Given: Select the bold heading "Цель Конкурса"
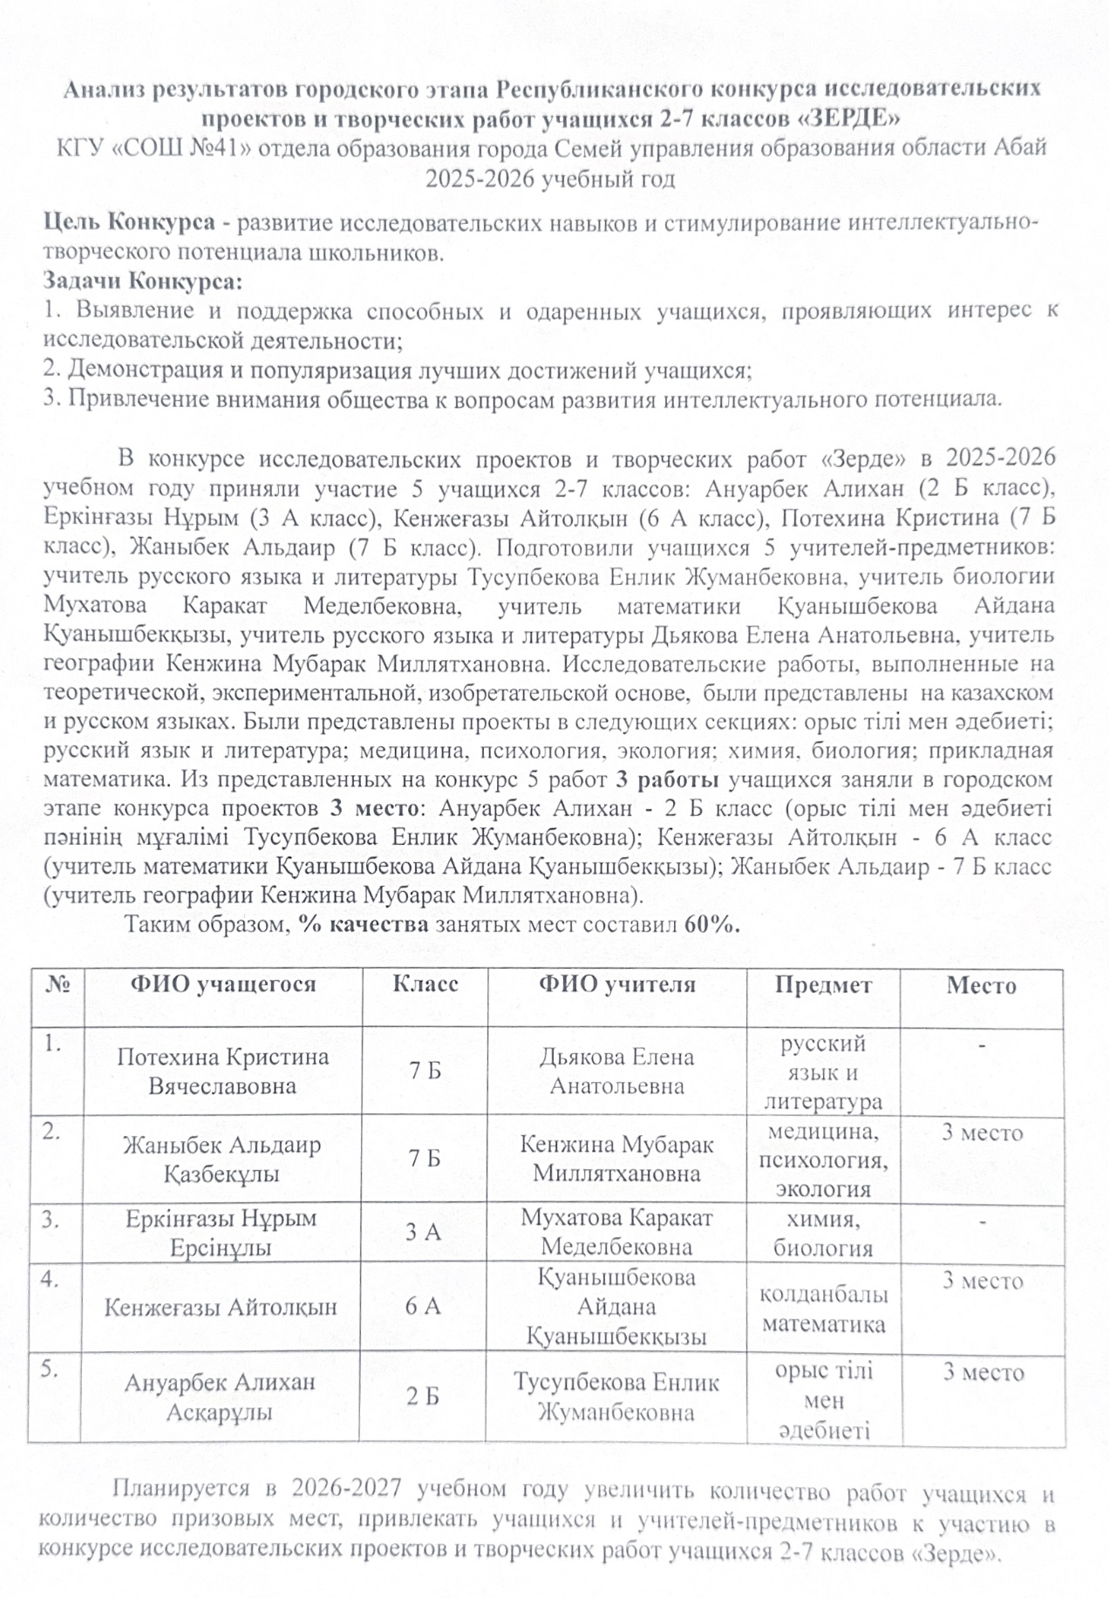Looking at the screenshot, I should click(130, 222).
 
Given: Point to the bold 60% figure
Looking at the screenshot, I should click(712, 924).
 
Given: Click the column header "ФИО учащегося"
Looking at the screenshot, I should click(222, 985).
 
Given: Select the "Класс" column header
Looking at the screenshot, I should click(425, 985).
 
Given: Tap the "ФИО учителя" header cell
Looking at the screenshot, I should click(616, 985).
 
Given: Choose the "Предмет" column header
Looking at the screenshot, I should click(823, 985).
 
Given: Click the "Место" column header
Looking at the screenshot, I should click(982, 986).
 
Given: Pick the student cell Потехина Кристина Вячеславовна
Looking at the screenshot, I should click(222, 1071).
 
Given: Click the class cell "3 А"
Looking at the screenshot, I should click(424, 1232).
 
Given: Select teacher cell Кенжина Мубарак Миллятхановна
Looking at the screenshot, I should click(616, 1159).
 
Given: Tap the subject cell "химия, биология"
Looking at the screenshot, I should click(823, 1233).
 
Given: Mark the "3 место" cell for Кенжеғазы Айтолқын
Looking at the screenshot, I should click(982, 1281).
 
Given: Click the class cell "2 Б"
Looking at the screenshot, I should click(423, 1397).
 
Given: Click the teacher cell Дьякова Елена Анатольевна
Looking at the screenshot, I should click(616, 1071).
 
